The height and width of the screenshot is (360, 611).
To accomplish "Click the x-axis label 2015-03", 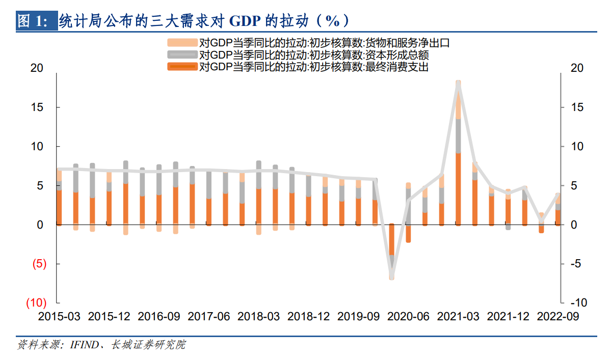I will (x=59, y=316).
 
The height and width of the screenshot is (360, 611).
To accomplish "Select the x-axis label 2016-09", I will (x=159, y=316).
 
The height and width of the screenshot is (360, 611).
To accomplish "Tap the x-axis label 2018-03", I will (x=259, y=316).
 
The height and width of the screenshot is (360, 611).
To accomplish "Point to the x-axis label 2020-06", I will (x=408, y=316).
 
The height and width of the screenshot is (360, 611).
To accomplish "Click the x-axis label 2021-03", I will (x=458, y=316).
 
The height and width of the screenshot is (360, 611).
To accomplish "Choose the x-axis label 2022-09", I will (x=558, y=316).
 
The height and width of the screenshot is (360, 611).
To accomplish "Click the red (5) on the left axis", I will (x=40, y=264).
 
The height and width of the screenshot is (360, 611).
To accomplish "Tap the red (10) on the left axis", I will (x=37, y=302).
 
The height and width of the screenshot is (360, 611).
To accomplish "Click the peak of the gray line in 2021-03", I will (x=458, y=82).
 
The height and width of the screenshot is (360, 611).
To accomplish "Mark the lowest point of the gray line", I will (x=392, y=275).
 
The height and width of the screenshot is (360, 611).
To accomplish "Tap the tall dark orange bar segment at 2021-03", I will (x=458, y=188).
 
